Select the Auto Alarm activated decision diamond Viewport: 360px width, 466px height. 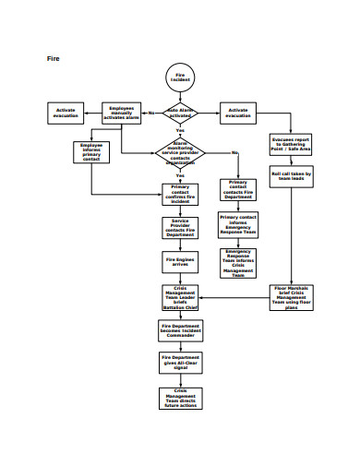point(180,113)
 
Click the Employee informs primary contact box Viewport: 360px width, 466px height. point(91,151)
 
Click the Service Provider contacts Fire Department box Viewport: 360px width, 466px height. point(180,228)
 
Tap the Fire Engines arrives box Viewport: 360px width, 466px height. point(180,263)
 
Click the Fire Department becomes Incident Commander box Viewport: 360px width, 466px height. point(180,329)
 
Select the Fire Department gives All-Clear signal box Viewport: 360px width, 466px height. point(180,362)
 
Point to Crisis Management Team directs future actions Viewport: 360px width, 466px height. point(180,397)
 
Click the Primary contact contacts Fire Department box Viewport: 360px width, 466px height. point(238,189)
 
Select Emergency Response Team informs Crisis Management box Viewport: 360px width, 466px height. point(238,262)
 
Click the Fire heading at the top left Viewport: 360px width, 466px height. point(54,59)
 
